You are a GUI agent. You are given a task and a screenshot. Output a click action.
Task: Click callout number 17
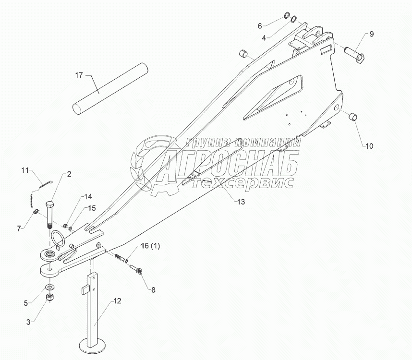coord(79,75)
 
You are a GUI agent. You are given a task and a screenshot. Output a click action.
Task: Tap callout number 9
coord(371,34)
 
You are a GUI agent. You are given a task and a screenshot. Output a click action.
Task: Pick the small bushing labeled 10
coord(353,116)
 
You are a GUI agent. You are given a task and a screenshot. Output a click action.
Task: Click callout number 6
coord(274,25)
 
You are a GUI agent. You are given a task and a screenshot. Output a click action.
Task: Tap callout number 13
coord(240,202)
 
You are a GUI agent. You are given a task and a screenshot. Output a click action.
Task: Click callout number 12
coord(117,301)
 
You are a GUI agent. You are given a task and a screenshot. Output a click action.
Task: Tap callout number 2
coord(69,174)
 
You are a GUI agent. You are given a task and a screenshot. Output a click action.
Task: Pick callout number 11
coord(26,170)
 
